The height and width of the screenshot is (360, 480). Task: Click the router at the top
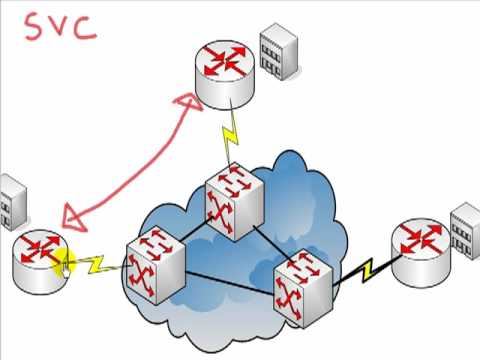[x=225, y=74]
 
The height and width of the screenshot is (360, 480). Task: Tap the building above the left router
[x=11, y=200]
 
